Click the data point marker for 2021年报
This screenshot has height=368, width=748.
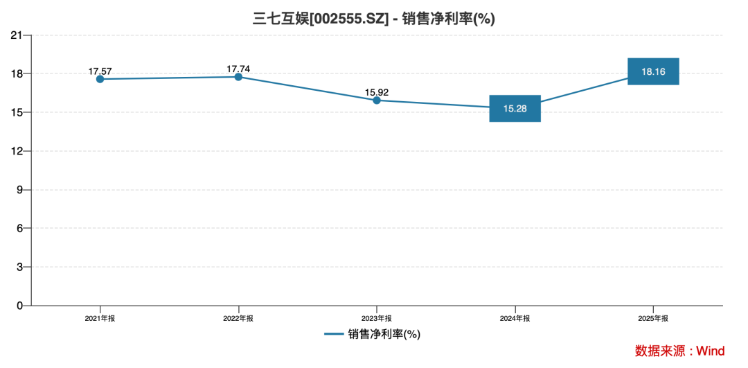pos(100,79)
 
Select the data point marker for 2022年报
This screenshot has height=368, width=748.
pos(238,76)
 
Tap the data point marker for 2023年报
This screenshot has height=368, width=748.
pos(376,100)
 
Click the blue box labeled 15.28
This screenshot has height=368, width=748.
pos(515,108)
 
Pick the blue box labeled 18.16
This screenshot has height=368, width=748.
pos(653,71)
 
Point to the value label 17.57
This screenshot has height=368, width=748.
pos(100,71)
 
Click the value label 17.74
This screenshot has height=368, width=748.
pos(238,69)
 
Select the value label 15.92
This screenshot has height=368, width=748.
pos(376,93)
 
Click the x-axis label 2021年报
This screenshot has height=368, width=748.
pos(100,318)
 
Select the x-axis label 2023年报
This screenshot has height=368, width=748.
pos(376,318)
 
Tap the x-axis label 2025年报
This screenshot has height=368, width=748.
pos(653,318)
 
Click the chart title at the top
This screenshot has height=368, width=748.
pos(373,19)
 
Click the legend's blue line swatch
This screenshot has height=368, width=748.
pos(334,334)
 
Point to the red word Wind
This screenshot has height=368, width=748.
pos(711,351)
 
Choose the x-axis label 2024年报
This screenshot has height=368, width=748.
pos(515,318)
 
